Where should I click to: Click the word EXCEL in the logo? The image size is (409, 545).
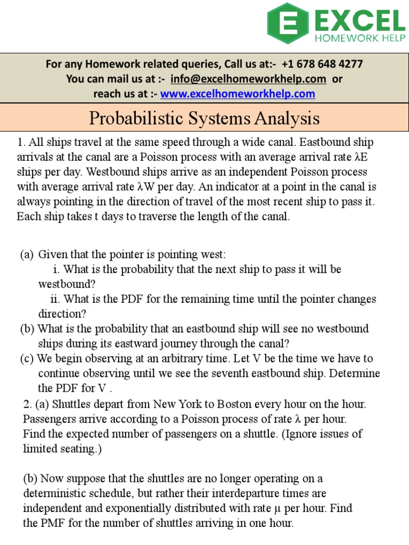[360, 21]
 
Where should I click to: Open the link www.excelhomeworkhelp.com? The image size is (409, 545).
[238, 94]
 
